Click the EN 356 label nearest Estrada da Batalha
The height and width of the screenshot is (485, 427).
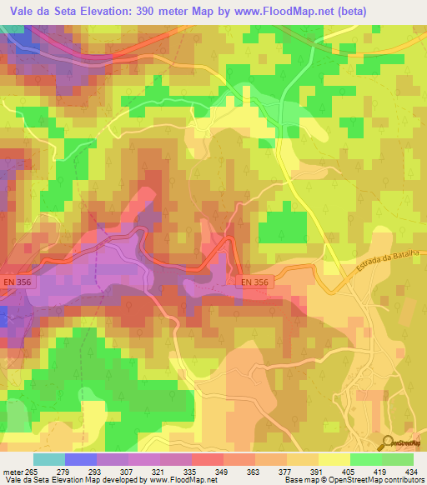click(x=255, y=282)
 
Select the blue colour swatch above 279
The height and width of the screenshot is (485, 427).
click(x=80, y=459)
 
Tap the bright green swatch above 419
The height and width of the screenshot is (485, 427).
click(x=365, y=459)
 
